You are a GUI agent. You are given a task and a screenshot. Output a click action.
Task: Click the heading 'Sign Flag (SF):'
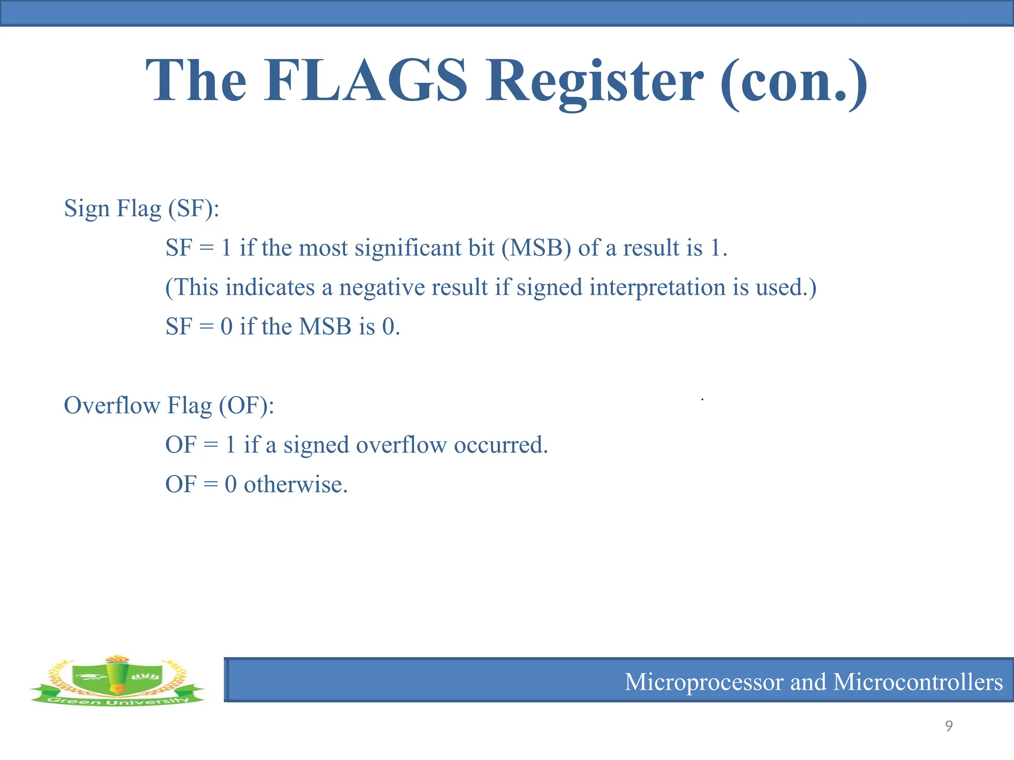pos(142,208)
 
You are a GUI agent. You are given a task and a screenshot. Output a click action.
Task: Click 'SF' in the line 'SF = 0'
pos(178,327)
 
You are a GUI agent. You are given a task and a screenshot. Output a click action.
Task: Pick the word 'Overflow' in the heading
pos(112,405)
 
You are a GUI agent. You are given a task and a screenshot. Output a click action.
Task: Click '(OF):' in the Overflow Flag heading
pos(247,406)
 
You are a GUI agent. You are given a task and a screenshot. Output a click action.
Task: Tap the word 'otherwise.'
pos(296,484)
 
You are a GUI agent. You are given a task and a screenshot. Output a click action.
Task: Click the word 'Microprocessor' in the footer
pos(704,682)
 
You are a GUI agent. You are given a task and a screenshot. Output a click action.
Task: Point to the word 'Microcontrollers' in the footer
pos(918,681)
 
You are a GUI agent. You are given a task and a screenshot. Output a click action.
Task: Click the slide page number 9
pos(949,726)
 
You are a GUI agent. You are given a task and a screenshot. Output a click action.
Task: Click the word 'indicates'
pos(270,287)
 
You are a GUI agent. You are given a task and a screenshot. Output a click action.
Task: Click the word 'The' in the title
pos(196,80)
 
